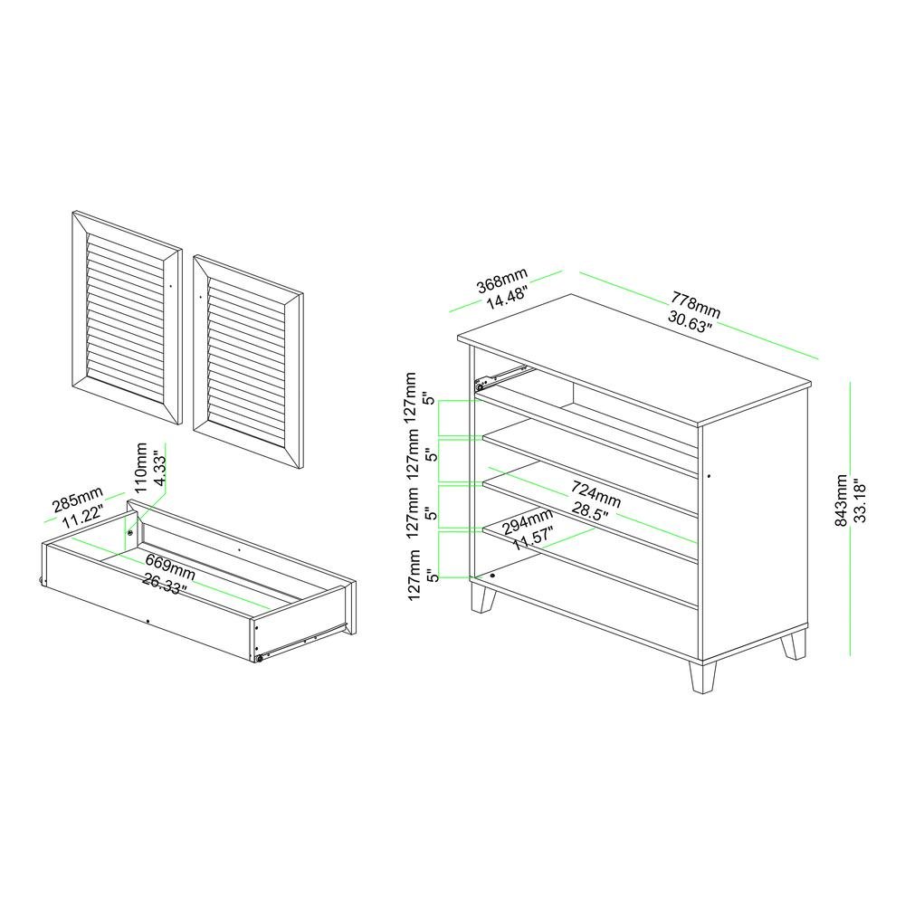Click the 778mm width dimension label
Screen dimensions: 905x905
[695, 304]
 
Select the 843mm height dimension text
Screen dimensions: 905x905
[842, 500]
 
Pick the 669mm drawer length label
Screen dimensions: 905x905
[170, 567]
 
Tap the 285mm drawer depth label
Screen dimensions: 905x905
[77, 500]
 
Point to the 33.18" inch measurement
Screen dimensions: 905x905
[860, 500]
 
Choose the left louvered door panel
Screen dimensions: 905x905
[127, 319]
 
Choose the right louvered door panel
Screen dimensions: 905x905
[248, 362]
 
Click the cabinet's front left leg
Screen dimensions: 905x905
[483, 596]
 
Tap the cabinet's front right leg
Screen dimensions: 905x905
[703, 676]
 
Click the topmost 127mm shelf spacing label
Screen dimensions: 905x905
[410, 398]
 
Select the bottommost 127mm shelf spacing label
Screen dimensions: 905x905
[414, 575]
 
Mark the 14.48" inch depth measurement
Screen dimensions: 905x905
[507, 299]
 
